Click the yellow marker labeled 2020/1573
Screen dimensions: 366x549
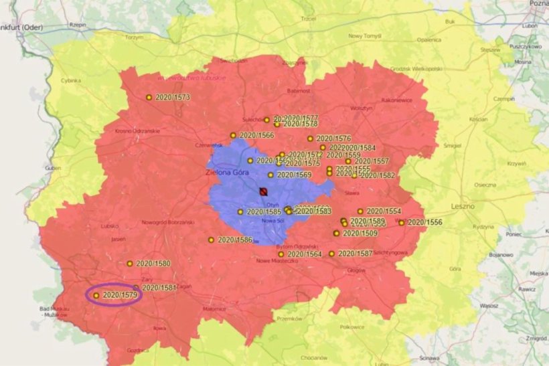coord(149,98)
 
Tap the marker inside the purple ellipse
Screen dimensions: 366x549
coord(96,295)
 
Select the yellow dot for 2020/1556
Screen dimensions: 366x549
coord(402,223)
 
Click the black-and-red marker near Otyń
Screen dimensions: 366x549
coord(263,192)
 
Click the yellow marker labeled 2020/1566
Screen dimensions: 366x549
coord(233,135)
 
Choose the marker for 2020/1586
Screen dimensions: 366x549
coord(211,240)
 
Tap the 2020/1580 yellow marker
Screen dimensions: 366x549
coord(130,264)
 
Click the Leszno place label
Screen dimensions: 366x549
coord(463,206)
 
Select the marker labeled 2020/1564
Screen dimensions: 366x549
coord(281,254)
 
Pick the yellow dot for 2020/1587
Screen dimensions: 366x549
coord(331,254)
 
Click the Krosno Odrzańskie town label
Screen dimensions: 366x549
coord(137,130)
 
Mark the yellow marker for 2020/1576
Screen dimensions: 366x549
coord(311,139)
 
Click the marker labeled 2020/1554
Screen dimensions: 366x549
coord(360,211)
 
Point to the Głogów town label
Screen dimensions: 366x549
coord(357,271)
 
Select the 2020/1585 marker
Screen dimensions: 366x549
coord(240,212)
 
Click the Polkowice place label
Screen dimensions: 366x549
coord(351,327)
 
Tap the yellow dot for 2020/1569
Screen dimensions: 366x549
coord(271,175)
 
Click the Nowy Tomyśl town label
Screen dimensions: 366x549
coord(364,36)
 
